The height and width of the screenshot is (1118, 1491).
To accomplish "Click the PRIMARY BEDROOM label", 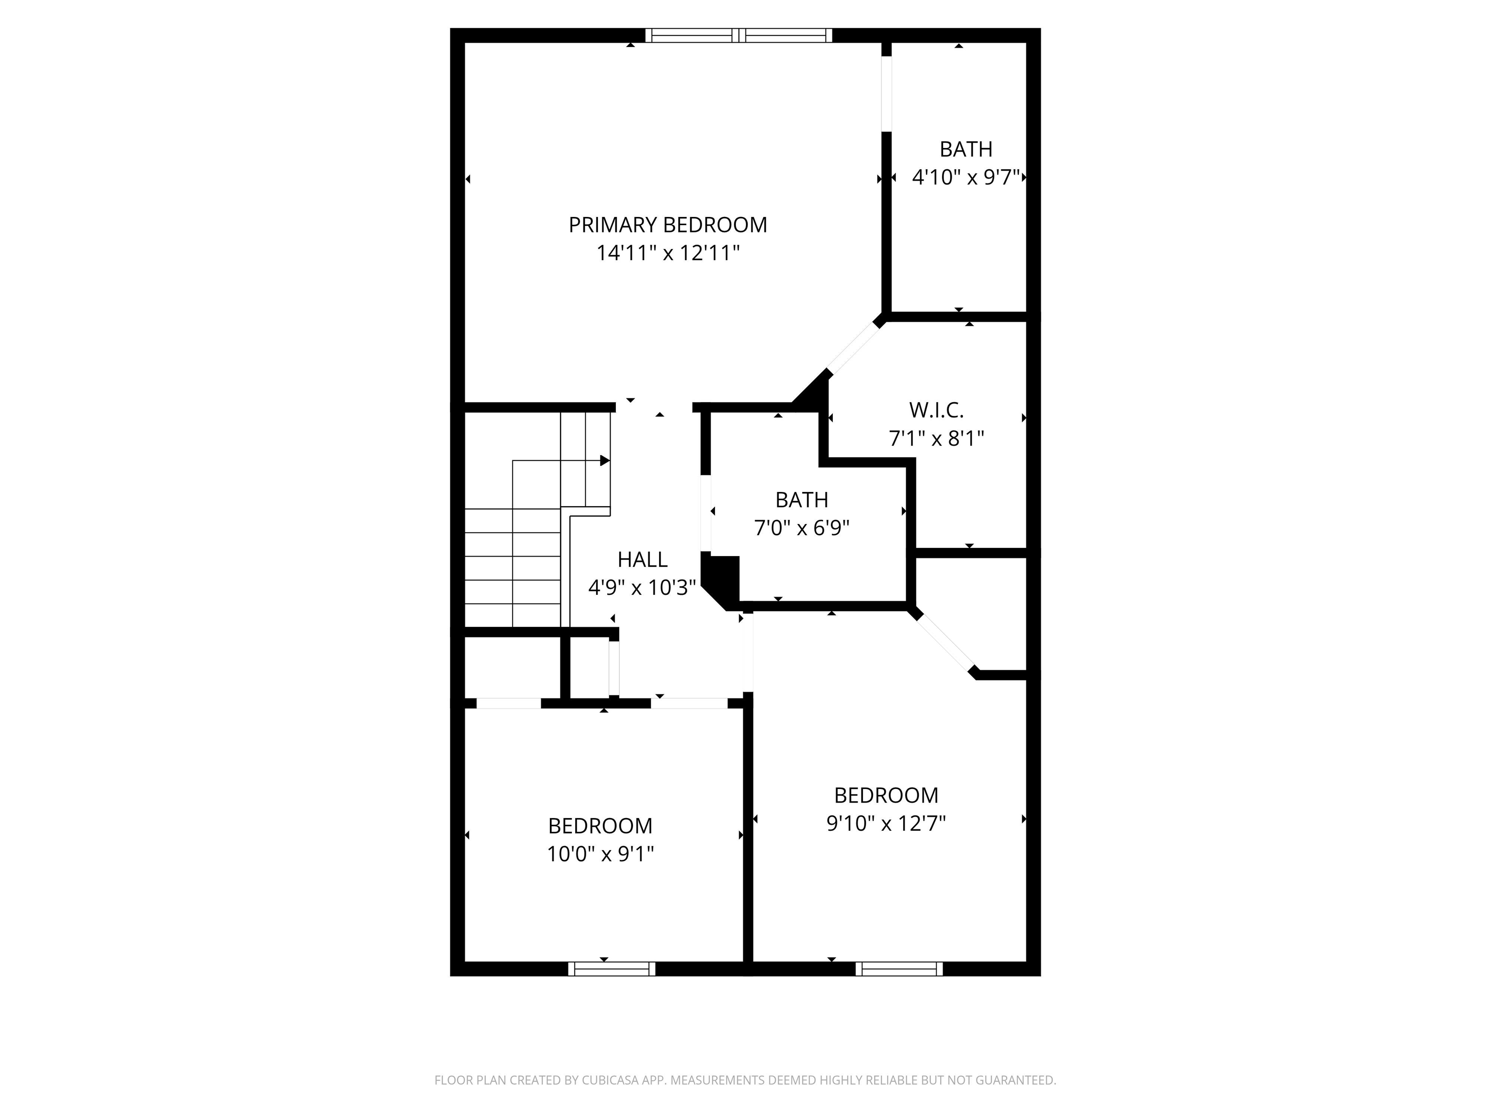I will tap(667, 225).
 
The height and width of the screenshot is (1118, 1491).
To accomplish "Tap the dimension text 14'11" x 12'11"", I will tap(667, 253).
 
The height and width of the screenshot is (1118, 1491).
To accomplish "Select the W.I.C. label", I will tap(936, 410).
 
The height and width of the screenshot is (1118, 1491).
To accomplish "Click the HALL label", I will tap(643, 559).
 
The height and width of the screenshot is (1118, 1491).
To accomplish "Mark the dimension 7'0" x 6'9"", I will tap(801, 527).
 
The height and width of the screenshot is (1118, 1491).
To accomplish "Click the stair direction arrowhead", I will tap(605, 461).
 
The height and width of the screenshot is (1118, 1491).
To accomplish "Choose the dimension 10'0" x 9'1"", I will tap(600, 855).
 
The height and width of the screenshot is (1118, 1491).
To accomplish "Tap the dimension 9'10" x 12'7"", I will tap(886, 823).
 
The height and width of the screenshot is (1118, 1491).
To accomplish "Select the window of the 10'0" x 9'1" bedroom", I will tap(612, 969).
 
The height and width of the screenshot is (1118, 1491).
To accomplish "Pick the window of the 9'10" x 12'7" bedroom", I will tap(899, 969).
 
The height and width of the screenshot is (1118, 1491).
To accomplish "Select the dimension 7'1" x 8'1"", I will tap(936, 439).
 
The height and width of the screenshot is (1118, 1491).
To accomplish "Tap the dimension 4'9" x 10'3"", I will tap(642, 588).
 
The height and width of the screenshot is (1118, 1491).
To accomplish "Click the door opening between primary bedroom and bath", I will tap(886, 93).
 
